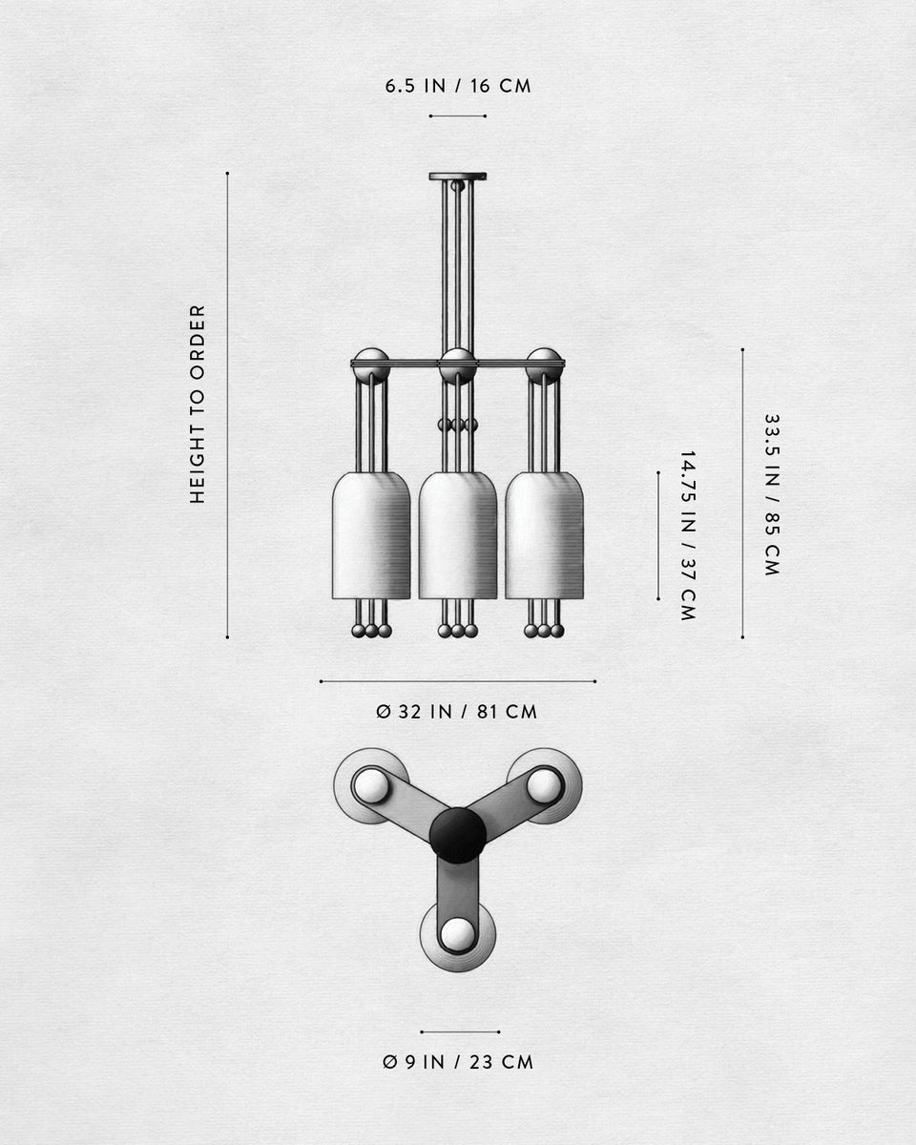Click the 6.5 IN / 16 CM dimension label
click(458, 86)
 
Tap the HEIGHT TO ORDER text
click(198, 404)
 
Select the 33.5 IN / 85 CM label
click(771, 494)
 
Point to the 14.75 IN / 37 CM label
click(687, 536)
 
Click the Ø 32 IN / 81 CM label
click(457, 712)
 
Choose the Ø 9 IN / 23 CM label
click(458, 1062)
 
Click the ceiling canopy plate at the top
click(458, 177)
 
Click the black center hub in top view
click(458, 835)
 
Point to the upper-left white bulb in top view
click(370, 785)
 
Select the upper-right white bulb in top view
click(545, 785)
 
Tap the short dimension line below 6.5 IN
click(458, 116)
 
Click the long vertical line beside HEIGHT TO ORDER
click(227, 406)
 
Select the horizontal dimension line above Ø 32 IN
click(458, 681)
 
